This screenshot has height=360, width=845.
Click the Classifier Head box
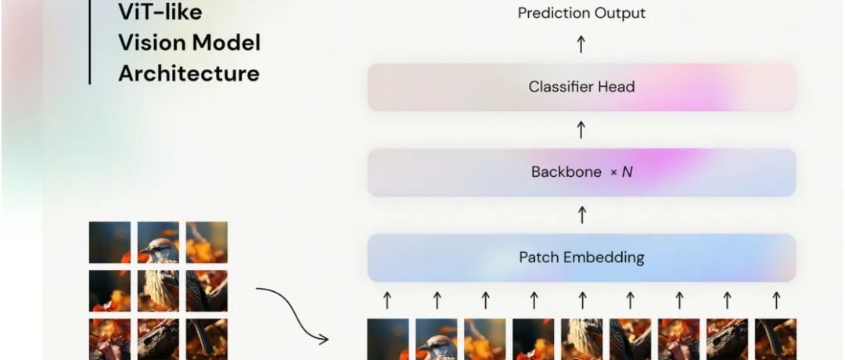pos(581,87)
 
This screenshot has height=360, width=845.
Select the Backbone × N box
pos(581,172)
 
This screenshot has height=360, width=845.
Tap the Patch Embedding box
pos(581,257)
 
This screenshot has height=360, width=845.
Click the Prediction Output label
pos(581,13)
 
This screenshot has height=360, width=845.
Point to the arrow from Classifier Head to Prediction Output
pos(581,44)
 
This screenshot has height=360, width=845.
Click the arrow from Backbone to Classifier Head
pos(581,129)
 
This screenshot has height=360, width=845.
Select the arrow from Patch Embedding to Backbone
pos(581,214)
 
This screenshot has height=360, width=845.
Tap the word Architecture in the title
pos(189,74)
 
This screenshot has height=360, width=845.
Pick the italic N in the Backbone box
pos(627,172)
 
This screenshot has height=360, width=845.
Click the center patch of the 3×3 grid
pos(158,290)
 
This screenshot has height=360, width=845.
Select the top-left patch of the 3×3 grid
pos(110,242)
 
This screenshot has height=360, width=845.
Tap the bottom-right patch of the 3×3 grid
pos(207,339)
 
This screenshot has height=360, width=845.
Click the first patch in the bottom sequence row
pos(388,339)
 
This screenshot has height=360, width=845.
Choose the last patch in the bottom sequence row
pos(775,339)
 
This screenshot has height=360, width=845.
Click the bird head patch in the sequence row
pos(437,339)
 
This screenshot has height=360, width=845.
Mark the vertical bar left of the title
pos(89,42)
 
